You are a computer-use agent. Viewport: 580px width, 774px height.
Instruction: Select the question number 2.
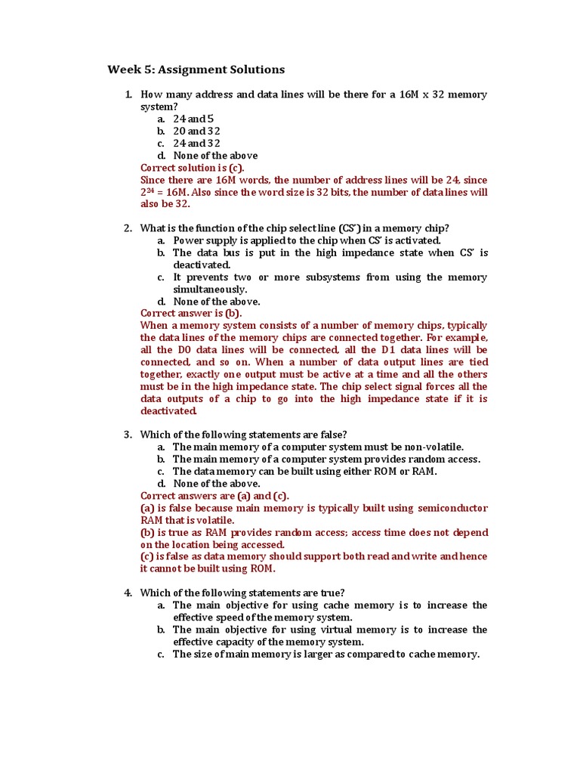[x=128, y=228]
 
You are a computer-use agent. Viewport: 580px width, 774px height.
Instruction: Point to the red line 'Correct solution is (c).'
[x=193, y=168]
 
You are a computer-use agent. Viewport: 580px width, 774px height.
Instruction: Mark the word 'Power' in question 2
[x=188, y=240]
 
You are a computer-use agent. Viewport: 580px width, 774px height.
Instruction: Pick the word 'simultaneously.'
[x=210, y=289]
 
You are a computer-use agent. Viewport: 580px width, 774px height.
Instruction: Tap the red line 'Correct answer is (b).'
[x=191, y=313]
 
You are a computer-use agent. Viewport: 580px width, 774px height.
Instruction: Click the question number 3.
[x=128, y=435]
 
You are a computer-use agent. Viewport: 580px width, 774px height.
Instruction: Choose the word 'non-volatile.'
[x=432, y=447]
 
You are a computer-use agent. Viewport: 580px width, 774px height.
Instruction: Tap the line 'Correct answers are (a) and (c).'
[x=214, y=496]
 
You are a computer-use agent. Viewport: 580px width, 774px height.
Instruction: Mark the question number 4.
[x=128, y=593]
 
